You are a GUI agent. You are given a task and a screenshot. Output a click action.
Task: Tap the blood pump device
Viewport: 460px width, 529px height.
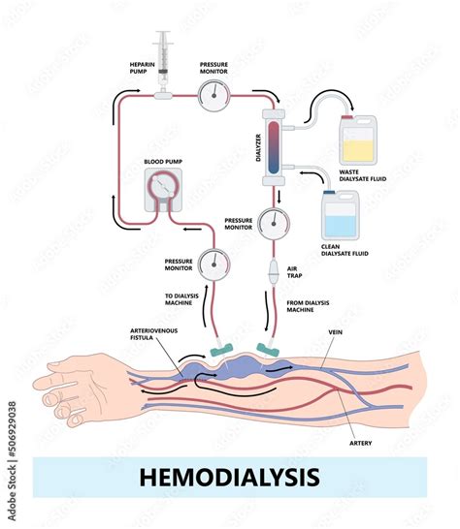point(163,190)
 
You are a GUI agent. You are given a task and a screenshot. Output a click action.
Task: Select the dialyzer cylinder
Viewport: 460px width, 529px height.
point(274,147)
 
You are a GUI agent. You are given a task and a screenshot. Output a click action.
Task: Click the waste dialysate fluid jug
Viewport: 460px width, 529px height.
point(358,140)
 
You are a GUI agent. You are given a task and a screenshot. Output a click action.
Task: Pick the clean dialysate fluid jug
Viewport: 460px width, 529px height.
point(341,215)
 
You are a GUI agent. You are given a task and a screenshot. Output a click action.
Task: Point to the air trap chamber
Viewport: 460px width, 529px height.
point(274,272)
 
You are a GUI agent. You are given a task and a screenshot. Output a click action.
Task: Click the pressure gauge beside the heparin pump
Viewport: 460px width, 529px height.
point(214,96)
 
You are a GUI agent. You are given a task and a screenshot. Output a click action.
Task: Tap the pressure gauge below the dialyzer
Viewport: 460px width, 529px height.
point(274,224)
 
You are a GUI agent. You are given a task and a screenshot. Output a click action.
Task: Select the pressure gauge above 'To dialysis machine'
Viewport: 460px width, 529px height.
point(214,264)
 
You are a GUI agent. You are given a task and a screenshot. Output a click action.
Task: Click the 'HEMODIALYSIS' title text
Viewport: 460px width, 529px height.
point(230,477)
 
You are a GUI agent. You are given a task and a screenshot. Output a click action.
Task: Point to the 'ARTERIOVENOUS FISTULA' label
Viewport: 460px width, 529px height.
point(153,334)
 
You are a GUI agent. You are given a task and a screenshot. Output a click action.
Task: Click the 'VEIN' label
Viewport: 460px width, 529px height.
point(335,332)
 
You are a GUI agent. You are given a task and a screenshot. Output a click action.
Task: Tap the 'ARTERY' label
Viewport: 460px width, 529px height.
point(361,443)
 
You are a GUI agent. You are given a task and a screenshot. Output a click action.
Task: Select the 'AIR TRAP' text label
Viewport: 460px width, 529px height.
point(295,272)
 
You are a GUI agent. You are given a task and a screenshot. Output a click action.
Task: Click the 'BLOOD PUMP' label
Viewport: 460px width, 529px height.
point(163,162)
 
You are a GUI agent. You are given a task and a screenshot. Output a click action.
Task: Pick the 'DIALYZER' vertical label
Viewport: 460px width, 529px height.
point(258,147)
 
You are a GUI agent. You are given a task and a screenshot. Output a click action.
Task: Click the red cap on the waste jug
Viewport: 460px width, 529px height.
point(347,117)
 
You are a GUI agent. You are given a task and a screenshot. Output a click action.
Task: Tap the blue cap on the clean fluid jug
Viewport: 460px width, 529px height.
point(329,192)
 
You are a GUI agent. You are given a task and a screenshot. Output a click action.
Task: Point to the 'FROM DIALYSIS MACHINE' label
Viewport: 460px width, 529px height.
point(308,306)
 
